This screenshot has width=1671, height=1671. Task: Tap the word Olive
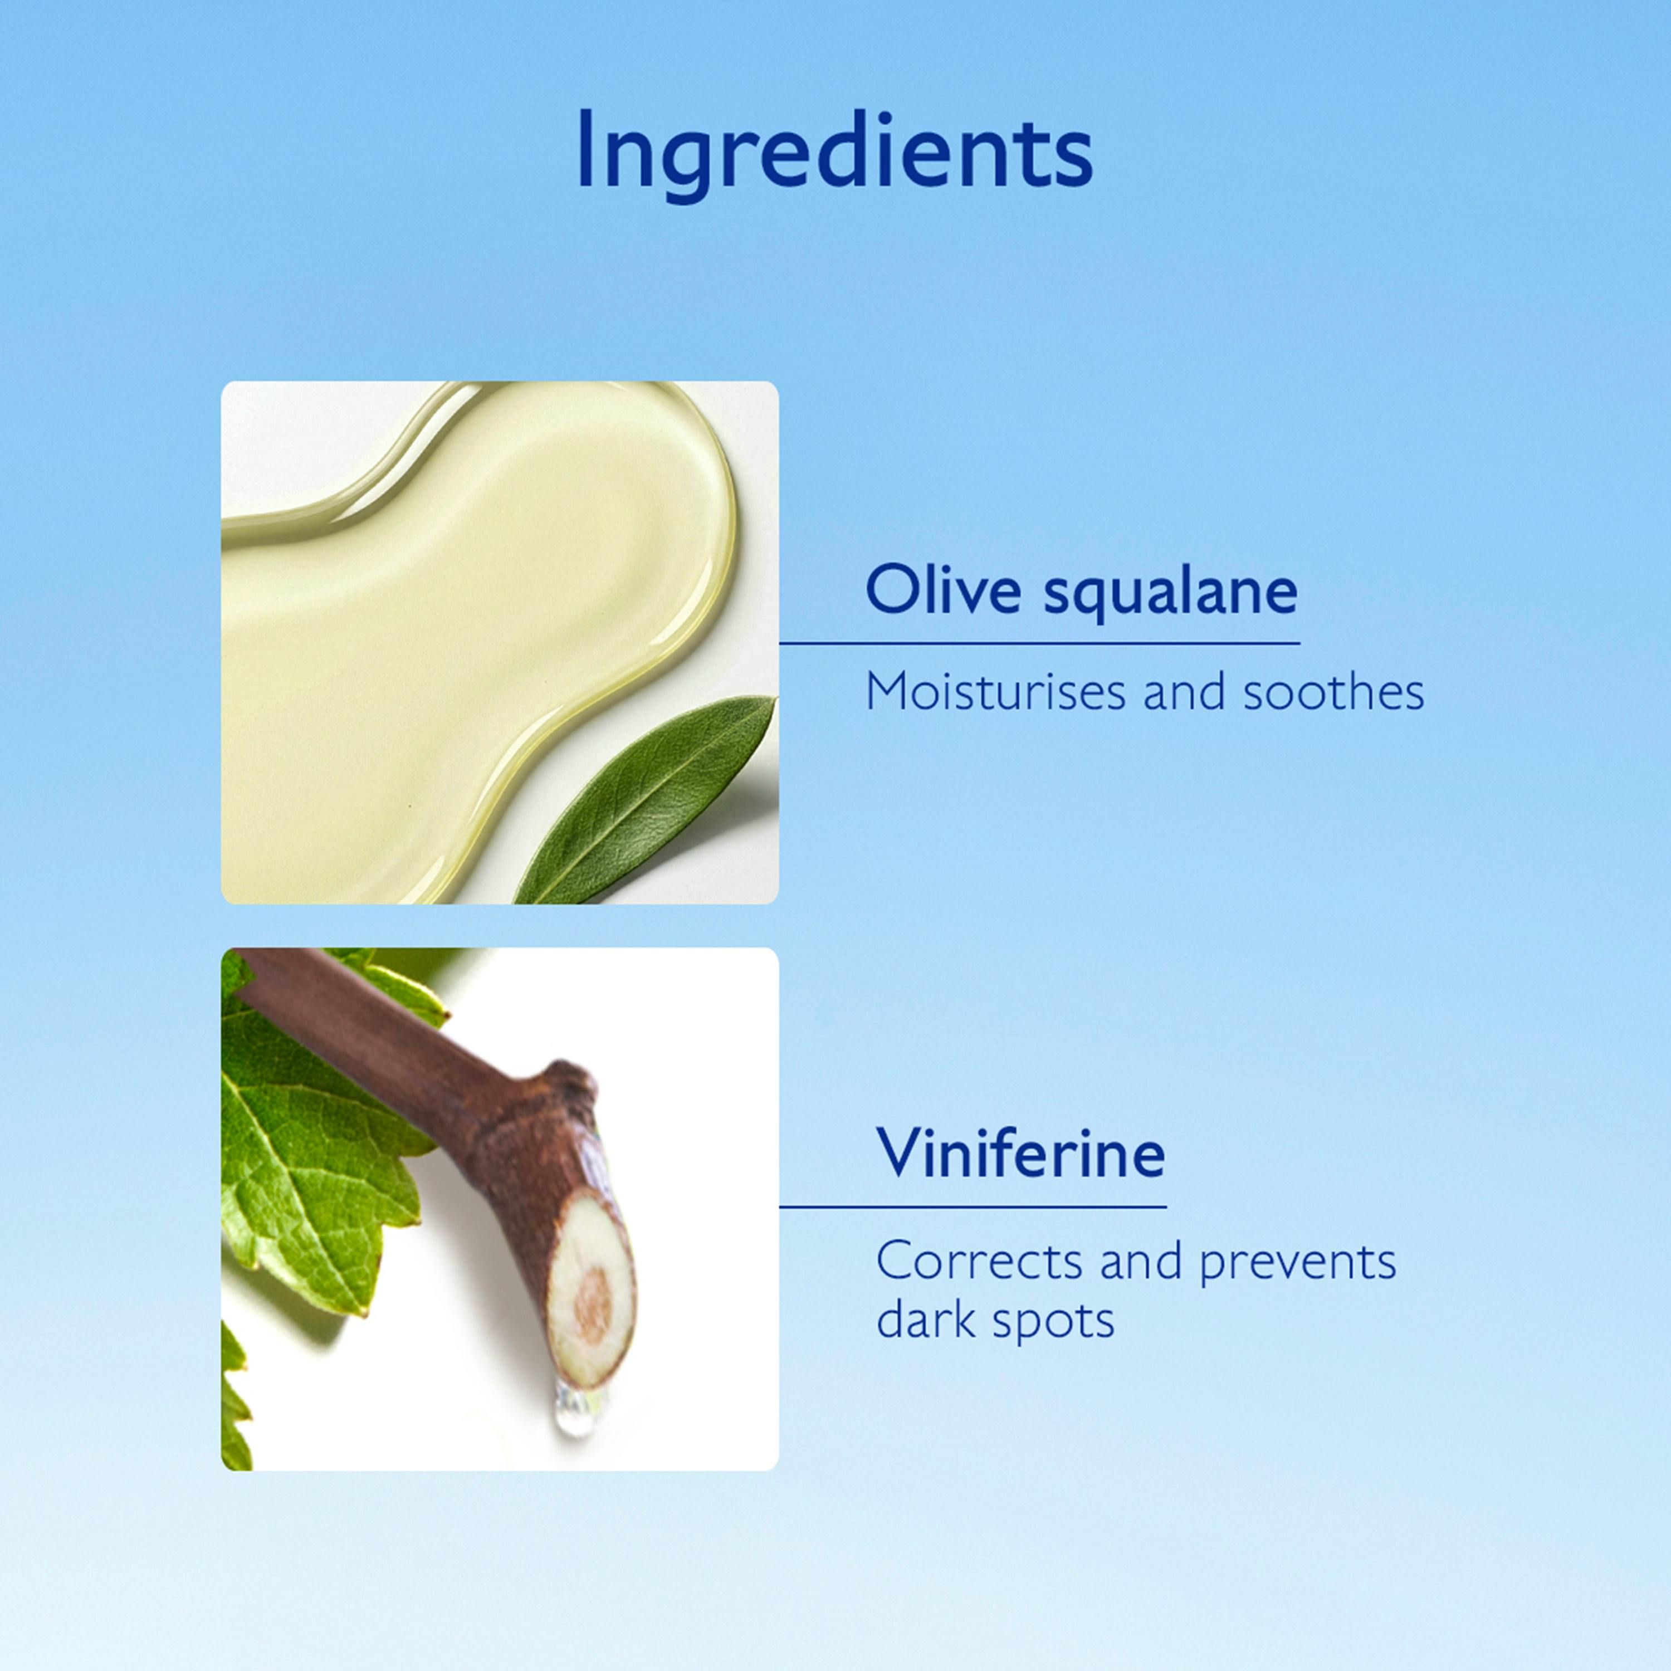(x=944, y=592)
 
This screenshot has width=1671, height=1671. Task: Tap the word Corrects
(x=979, y=1263)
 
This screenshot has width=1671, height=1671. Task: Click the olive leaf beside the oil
(x=644, y=800)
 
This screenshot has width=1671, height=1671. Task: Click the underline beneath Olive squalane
(x=1039, y=643)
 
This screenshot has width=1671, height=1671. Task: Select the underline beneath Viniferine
(x=973, y=1206)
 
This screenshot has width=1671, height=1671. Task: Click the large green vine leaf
(x=320, y=1150)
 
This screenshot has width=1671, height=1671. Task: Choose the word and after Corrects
(x=1140, y=1263)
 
